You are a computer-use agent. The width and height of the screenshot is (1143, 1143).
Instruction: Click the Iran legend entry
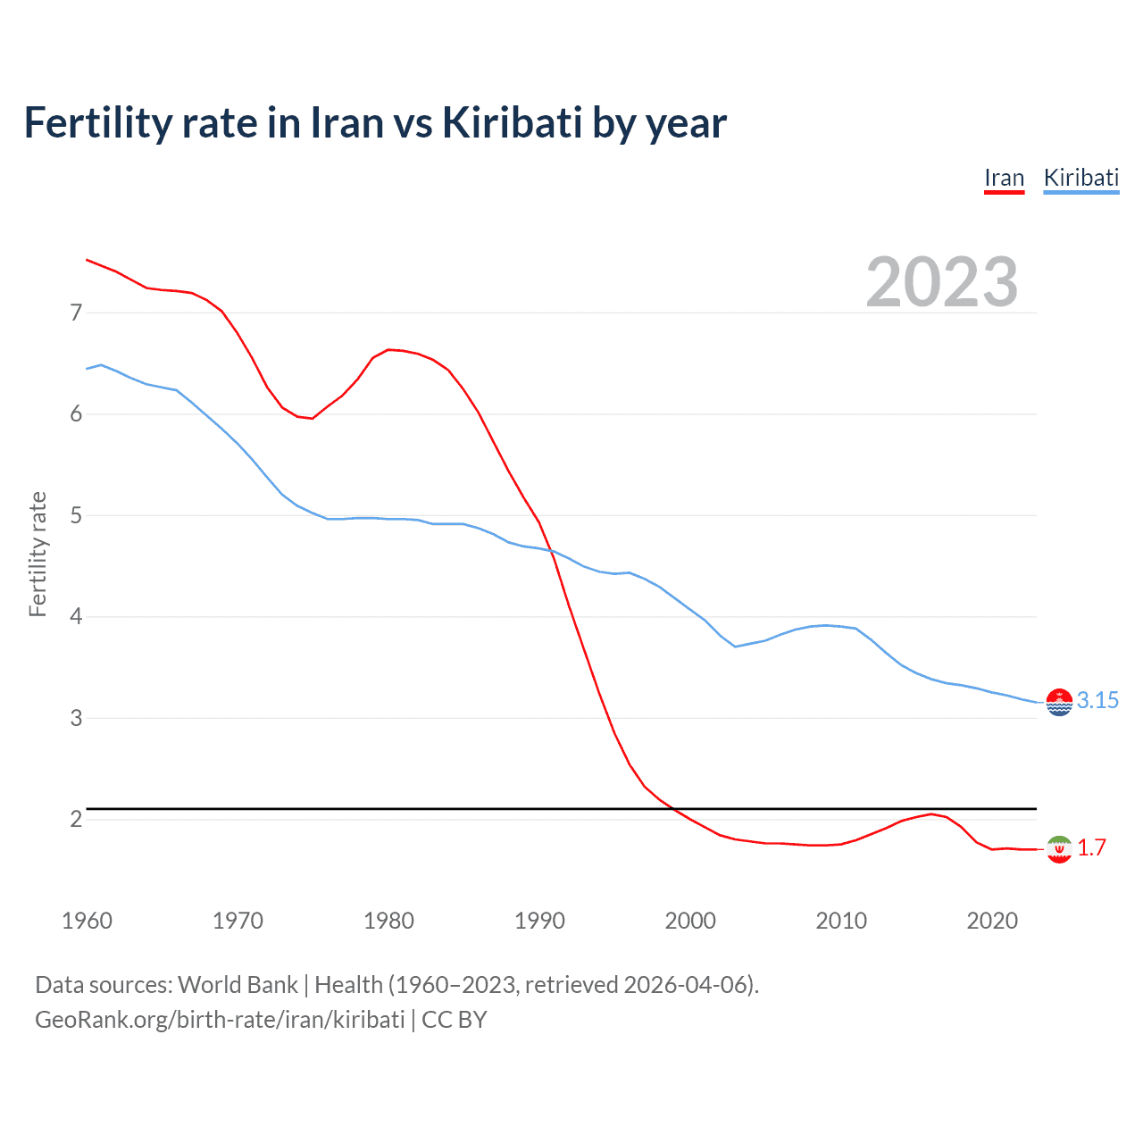click(1004, 178)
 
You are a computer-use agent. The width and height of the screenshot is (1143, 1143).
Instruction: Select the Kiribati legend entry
click(1080, 178)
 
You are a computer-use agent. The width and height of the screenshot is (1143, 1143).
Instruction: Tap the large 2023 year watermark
click(941, 282)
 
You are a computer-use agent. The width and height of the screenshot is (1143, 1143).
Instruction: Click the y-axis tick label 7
click(76, 313)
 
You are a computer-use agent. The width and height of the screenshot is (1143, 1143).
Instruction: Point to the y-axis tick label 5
click(76, 515)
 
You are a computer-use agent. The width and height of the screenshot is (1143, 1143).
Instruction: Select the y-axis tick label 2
click(76, 819)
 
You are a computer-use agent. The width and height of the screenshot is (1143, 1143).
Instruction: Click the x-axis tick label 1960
click(87, 921)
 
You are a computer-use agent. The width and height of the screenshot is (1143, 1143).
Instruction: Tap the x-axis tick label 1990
click(539, 921)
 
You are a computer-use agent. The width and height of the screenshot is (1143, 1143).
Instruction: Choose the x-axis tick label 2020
click(992, 921)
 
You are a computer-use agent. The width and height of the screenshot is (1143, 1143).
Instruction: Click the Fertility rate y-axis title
click(38, 554)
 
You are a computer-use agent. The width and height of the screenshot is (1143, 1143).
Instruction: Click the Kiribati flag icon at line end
click(1059, 703)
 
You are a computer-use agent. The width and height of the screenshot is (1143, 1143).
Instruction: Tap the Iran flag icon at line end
click(1059, 849)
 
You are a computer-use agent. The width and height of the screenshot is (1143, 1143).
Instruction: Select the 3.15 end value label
click(1097, 701)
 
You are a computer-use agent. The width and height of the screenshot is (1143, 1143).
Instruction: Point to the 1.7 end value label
click(1091, 847)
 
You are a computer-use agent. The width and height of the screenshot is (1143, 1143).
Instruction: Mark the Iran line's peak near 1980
click(388, 349)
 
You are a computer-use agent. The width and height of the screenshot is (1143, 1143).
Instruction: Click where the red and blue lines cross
click(550, 551)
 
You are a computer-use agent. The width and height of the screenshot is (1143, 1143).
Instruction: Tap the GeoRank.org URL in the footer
click(220, 1020)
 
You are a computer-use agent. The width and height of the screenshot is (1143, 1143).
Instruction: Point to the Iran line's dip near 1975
click(312, 418)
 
